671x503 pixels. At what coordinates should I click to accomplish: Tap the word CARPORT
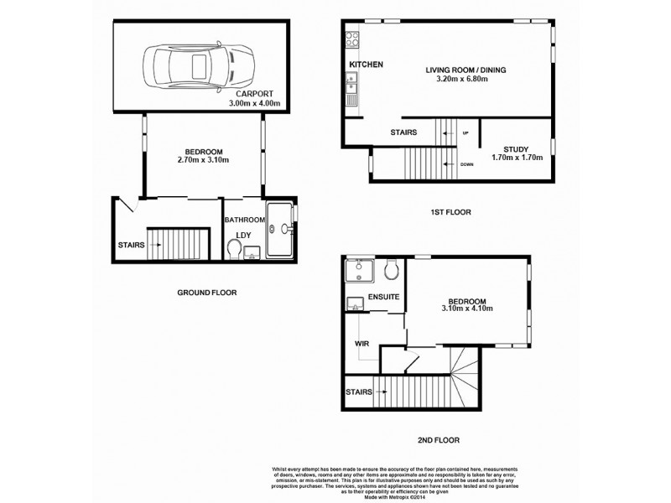257,95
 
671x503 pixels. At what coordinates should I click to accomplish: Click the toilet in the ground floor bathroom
234,248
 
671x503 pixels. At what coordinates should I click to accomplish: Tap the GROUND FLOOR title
206,293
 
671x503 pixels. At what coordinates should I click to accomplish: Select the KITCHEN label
367,65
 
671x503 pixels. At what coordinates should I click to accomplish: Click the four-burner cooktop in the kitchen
353,39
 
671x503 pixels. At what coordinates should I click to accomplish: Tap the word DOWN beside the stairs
467,163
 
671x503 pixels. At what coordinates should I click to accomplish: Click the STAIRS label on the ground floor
131,245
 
